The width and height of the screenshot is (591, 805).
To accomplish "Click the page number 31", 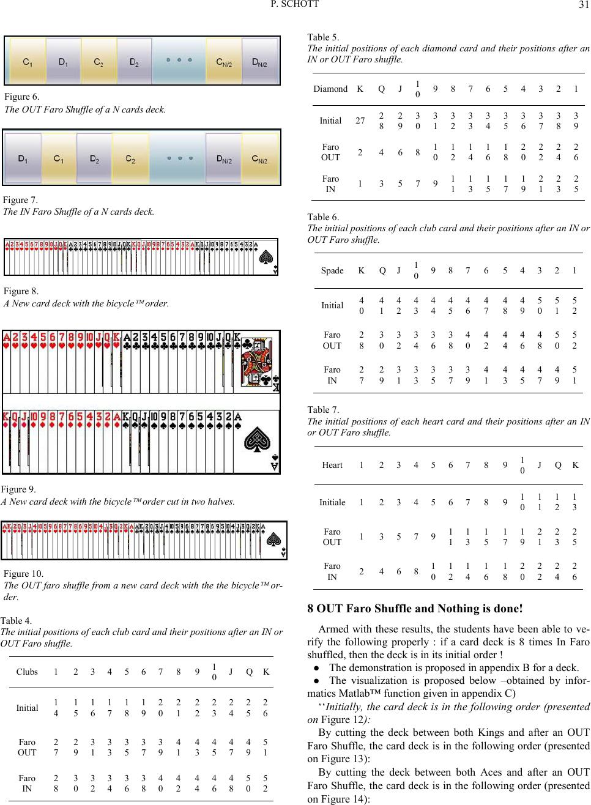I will click(x=582, y=6).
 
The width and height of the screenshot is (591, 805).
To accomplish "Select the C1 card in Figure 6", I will click(x=28, y=61).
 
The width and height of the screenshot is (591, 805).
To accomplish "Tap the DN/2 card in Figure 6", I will click(x=259, y=61).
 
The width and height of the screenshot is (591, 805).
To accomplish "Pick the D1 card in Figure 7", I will click(x=23, y=159).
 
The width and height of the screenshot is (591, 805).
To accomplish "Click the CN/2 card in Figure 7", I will click(x=260, y=159).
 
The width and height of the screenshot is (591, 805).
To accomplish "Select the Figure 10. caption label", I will click(x=24, y=574).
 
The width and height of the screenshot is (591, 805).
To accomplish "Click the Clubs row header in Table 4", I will click(x=27, y=671).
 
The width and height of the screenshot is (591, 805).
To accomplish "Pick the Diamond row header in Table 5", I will click(x=330, y=89).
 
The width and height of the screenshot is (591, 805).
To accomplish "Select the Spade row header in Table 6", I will click(x=332, y=270).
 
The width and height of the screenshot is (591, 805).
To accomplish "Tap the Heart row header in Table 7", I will click(x=332, y=465).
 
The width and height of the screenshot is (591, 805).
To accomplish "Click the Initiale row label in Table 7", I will click(x=332, y=502).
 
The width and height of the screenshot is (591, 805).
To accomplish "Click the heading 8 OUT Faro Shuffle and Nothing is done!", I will click(x=415, y=608).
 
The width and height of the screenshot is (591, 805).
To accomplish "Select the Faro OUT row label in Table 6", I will click(x=332, y=341).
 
